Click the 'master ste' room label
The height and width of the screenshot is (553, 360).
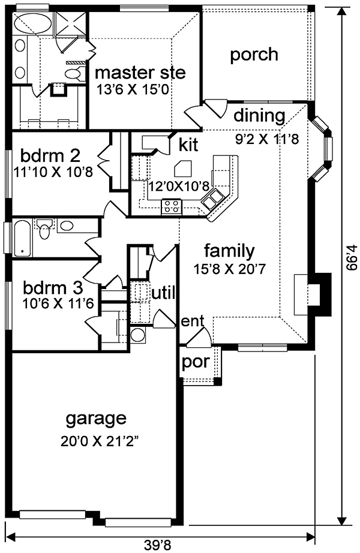click(140, 73)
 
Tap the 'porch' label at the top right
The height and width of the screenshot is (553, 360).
click(254, 55)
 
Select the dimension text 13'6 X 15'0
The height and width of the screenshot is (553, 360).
click(133, 89)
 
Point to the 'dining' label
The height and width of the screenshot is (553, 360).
click(259, 116)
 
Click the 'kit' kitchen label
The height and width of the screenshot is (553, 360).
click(188, 145)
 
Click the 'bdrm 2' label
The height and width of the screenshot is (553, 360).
click(50, 155)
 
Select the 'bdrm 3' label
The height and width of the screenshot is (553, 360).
click(53, 288)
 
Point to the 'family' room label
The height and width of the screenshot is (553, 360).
click(229, 251)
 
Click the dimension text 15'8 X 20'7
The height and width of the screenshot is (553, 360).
click(229, 269)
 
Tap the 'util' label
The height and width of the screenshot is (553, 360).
click(163, 293)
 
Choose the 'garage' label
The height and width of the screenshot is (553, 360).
click(96, 419)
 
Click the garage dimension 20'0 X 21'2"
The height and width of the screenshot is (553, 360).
click(99, 441)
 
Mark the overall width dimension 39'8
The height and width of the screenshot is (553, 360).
click(155, 545)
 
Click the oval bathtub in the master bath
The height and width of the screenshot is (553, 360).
click(32, 24)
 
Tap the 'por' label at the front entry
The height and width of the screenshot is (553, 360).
click(196, 362)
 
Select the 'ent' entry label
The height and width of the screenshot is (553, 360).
click(193, 321)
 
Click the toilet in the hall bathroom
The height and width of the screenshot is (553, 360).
click(44, 229)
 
